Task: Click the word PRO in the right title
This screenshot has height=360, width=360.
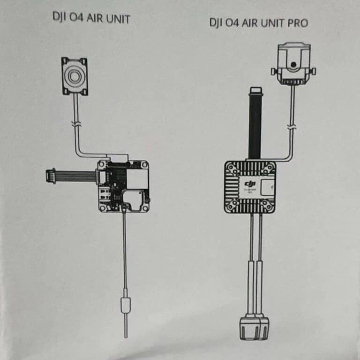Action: [x=296, y=23]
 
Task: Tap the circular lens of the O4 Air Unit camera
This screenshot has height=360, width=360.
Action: [x=75, y=76]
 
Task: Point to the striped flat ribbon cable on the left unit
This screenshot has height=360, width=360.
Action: [x=75, y=176]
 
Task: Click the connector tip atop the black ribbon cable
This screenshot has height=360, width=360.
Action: [x=255, y=90]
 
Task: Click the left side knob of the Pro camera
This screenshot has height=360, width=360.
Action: [x=274, y=71]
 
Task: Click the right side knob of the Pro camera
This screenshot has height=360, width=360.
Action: [x=312, y=71]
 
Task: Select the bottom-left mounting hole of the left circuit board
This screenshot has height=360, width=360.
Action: [x=102, y=207]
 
